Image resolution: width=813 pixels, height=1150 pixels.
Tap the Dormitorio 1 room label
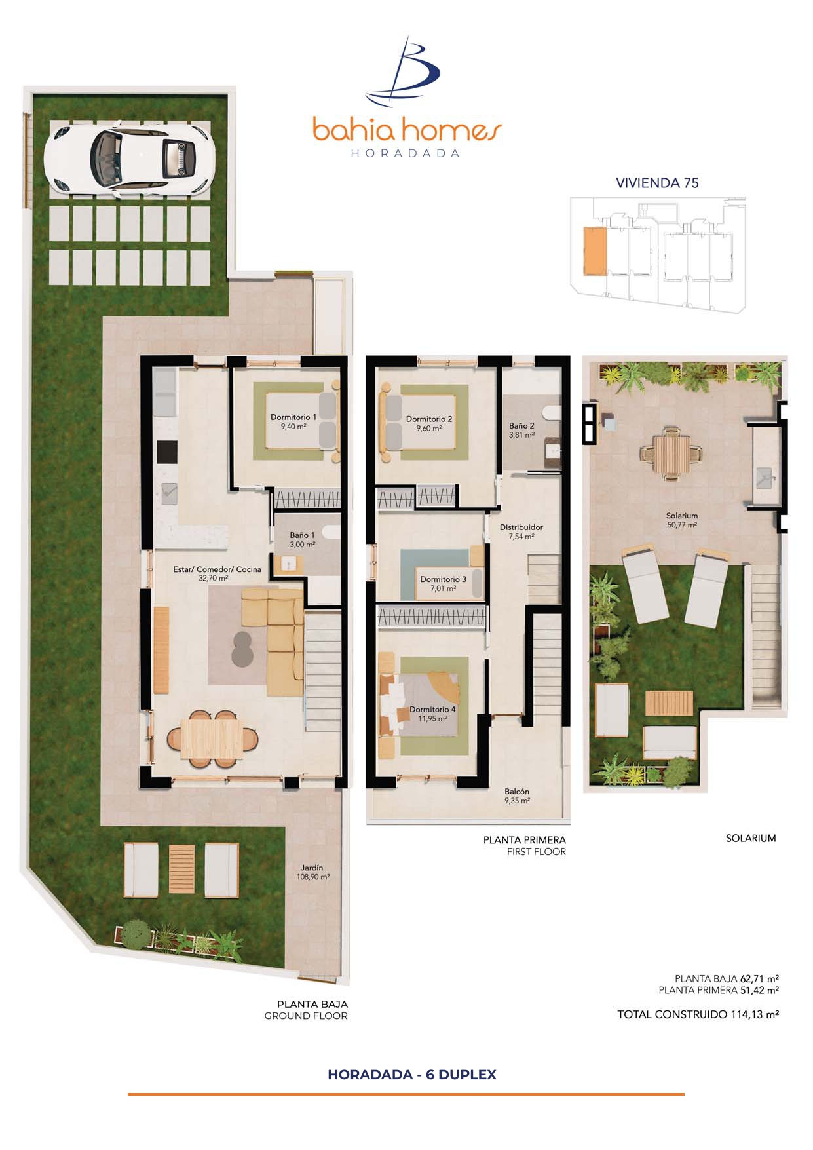click(x=293, y=421)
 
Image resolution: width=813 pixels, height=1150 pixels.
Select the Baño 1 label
click(x=303, y=539)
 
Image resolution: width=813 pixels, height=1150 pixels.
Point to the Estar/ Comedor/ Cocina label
click(x=217, y=573)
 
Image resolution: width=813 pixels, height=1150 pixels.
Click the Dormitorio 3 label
click(x=443, y=583)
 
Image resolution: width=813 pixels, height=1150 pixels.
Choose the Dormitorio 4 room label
click(x=432, y=714)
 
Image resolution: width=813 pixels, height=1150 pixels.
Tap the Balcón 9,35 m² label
click(x=517, y=795)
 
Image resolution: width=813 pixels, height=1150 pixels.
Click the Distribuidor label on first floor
click(x=521, y=531)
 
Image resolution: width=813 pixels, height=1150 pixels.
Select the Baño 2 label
click(x=521, y=430)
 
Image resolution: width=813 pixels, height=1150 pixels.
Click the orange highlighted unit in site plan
click(x=595, y=250)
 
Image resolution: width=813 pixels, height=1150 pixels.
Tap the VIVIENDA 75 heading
click(x=657, y=183)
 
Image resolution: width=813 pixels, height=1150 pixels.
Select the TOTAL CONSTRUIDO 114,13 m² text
click(x=698, y=1014)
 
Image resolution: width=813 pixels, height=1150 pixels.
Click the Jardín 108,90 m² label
click(x=313, y=872)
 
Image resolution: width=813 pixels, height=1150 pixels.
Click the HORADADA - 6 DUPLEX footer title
click(x=412, y=1075)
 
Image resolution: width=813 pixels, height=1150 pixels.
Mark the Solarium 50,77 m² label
click(x=681, y=520)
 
